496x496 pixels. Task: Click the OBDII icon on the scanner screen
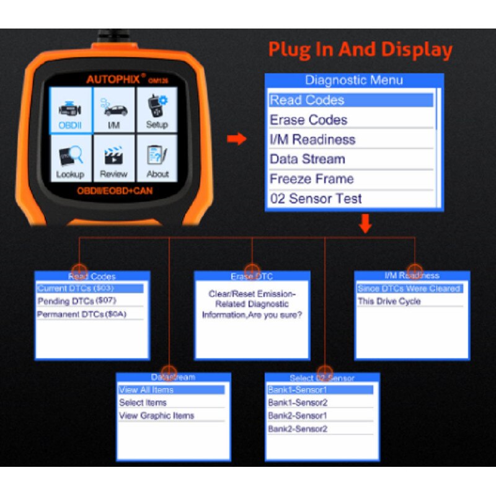pyautogui.click(x=70, y=110)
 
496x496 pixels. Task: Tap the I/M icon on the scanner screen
pyautogui.click(x=113, y=110)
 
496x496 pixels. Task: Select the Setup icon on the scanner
pyautogui.click(x=157, y=110)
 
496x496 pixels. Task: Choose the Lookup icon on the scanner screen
pyautogui.click(x=70, y=159)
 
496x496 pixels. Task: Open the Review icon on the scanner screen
pyautogui.click(x=113, y=159)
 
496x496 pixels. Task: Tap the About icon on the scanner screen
pyautogui.click(x=157, y=159)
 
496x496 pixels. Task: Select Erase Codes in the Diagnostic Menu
pyautogui.click(x=308, y=120)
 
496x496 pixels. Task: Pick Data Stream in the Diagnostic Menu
pyautogui.click(x=307, y=159)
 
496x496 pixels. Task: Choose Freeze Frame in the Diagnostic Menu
pyautogui.click(x=311, y=179)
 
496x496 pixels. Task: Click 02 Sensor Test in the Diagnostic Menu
pyautogui.click(x=316, y=199)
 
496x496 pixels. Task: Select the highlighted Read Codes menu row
pyautogui.click(x=350, y=100)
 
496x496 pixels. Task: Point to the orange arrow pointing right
pyautogui.click(x=236, y=139)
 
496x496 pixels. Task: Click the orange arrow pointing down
pyautogui.click(x=365, y=224)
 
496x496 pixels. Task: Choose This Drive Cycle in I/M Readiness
pyautogui.click(x=389, y=301)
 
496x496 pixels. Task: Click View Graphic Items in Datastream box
pyautogui.click(x=156, y=416)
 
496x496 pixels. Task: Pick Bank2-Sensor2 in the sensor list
pyautogui.click(x=298, y=429)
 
